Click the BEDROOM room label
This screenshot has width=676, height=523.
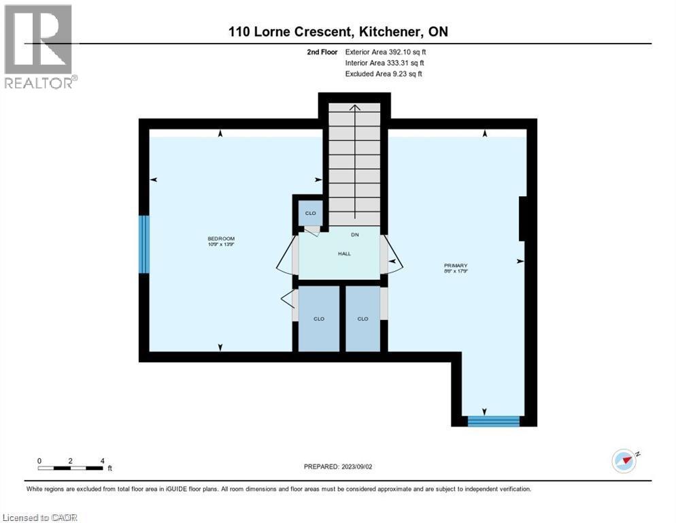221,238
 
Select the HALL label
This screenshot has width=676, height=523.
344,253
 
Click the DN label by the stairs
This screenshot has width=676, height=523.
354,235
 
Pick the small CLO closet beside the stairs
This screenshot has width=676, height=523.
309,213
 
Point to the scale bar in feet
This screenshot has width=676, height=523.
71,468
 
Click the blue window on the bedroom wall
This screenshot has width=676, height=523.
143,244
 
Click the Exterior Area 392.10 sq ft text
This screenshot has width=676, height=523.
386,52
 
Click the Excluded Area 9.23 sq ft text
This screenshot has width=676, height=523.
383,74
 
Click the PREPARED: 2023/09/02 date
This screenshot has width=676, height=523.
339,466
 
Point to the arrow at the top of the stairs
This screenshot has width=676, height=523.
354,109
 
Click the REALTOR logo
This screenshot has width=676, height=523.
39,46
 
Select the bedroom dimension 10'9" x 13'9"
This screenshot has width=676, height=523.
221,244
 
